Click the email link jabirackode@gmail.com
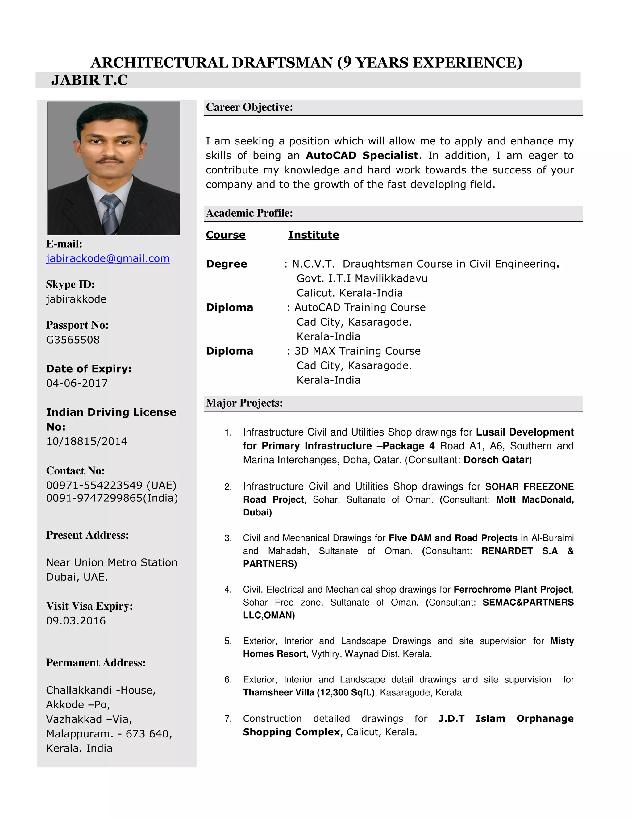click(x=108, y=258)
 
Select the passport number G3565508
click(x=73, y=340)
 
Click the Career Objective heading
click(x=249, y=107)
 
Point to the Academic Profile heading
click(x=249, y=213)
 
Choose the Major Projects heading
click(x=244, y=403)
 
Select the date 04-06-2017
click(x=77, y=383)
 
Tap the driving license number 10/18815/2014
click(x=87, y=441)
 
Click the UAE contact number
click(x=111, y=486)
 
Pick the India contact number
click(x=112, y=498)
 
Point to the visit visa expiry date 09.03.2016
click(x=76, y=621)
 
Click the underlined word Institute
click(x=314, y=235)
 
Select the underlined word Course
click(x=226, y=235)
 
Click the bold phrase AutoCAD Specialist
click(x=362, y=156)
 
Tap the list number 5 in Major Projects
click(x=228, y=641)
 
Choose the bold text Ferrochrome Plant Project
click(x=513, y=590)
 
